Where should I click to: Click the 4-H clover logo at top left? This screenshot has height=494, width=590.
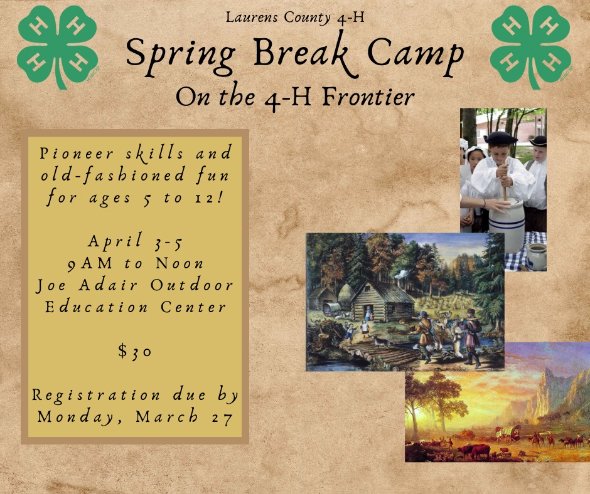coord(57,47)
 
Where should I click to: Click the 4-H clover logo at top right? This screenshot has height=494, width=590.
coord(530,47)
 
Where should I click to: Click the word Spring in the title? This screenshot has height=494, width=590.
coord(181,56)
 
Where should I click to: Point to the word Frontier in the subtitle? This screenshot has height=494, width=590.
coord(368,97)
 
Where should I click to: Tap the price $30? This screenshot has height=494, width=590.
coord(135,351)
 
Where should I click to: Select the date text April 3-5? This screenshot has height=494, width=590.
coord(135,241)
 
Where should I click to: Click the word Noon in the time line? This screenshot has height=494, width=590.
coord(180,263)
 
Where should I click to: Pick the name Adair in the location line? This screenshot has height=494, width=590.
coord(109,285)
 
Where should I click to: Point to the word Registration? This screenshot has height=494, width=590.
coord(96,395)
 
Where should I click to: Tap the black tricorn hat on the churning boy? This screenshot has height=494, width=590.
coord(500,137)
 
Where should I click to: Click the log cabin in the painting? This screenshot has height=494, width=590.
coord(382,299)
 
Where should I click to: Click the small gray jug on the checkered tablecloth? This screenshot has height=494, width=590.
coord(536,256)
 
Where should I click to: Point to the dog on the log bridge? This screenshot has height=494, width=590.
coord(381,341)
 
